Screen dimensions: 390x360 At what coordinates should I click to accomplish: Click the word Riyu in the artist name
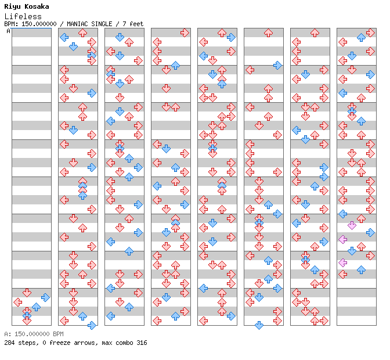point(12,7)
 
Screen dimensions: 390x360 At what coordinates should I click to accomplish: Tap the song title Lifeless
point(23,16)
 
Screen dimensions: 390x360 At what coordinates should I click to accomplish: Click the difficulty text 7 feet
point(133,24)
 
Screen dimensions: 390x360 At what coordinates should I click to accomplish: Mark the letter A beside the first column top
point(8,31)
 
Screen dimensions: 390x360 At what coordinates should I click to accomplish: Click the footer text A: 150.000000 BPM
point(34,334)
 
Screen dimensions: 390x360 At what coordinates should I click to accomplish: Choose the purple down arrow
point(352,226)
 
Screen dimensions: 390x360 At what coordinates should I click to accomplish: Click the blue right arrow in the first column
point(45,297)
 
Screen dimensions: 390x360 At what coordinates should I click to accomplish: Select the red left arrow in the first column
point(17,303)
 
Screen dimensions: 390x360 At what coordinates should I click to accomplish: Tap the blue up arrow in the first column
point(36,307)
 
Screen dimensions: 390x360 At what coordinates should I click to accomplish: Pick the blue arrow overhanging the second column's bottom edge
point(92,325)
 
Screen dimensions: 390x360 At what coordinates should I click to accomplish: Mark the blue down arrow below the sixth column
point(259,325)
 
